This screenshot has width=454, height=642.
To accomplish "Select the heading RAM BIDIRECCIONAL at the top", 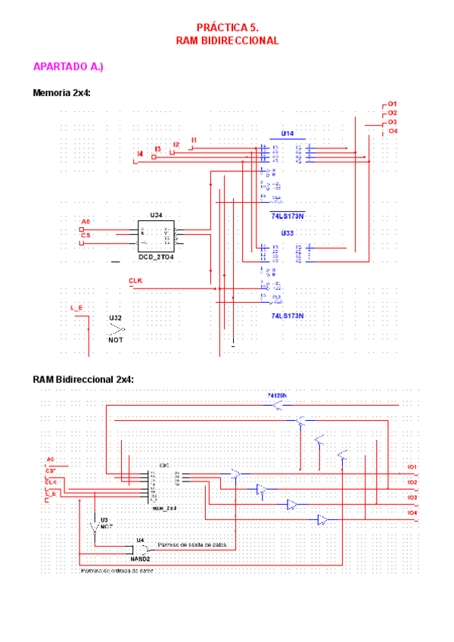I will coord(227,40).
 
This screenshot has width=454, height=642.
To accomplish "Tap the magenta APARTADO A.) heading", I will coord(68,67).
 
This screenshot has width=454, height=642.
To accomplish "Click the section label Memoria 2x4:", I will coord(67,93).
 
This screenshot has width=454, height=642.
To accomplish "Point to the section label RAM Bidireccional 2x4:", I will coord(83,379).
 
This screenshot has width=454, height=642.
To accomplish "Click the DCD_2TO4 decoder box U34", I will coord(156,236).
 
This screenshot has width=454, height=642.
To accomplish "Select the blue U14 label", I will coord(288,133).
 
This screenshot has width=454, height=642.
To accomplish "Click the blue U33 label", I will coord(288,232).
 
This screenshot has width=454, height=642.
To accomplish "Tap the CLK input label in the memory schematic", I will coord(135,281).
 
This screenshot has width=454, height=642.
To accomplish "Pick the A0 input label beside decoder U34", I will coord(86,222).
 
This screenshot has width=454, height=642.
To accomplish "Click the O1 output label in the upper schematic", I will coord(393,104).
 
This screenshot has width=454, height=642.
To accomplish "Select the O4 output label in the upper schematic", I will coord(393,131).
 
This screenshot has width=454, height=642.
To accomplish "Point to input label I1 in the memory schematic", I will coord(194,140).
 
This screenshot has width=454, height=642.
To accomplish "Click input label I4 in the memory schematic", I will coord(140,154).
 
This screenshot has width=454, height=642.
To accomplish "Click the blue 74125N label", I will coord(278,395).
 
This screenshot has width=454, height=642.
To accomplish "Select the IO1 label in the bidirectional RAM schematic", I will coord(412,467).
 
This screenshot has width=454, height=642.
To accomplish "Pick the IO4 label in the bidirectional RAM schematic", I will coord(412,513).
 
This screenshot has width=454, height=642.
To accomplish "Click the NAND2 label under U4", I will coord(141,558).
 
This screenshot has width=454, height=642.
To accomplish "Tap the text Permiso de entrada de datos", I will coord(117,572).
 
